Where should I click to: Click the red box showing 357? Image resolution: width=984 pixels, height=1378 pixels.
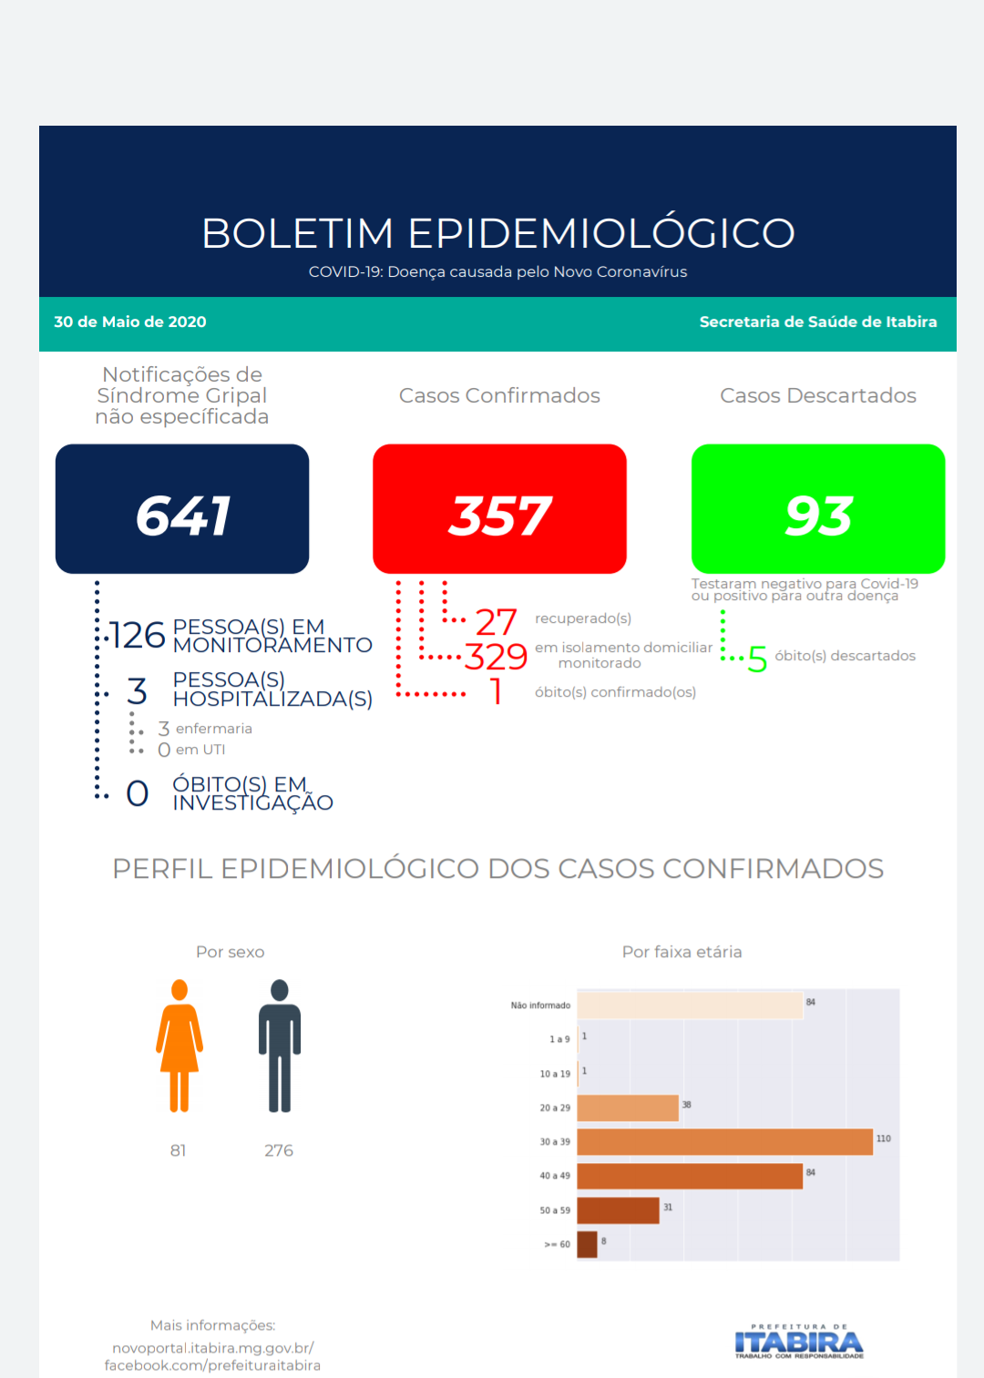[499, 509]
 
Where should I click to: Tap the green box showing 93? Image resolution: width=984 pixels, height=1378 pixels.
[817, 509]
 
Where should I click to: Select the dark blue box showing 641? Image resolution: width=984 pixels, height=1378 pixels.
[182, 509]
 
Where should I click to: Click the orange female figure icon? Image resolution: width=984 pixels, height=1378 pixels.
[179, 1046]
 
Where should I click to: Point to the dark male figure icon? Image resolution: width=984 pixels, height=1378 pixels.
[280, 1046]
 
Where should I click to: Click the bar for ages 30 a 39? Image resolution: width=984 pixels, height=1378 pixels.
[724, 1142]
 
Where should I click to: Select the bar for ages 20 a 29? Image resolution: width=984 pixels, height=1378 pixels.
[628, 1108]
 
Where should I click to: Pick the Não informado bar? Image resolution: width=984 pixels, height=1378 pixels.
[690, 1005]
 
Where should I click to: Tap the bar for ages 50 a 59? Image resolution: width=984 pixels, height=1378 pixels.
[618, 1210]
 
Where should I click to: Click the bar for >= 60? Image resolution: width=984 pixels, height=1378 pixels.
[587, 1244]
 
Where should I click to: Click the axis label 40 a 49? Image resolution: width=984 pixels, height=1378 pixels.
[554, 1176]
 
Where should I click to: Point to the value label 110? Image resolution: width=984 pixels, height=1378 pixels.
[883, 1138]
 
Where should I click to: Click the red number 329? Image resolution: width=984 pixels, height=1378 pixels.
[496, 657]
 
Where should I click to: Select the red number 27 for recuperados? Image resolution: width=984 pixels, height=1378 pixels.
[496, 622]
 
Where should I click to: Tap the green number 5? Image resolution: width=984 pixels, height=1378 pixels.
[757, 658]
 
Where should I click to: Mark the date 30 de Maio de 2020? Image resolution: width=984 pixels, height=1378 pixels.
[130, 322]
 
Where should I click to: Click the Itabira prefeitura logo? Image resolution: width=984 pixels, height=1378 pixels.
[799, 1342]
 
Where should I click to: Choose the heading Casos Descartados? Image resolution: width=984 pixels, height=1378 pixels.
[817, 395]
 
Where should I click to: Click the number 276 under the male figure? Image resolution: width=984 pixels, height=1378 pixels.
[279, 1150]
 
